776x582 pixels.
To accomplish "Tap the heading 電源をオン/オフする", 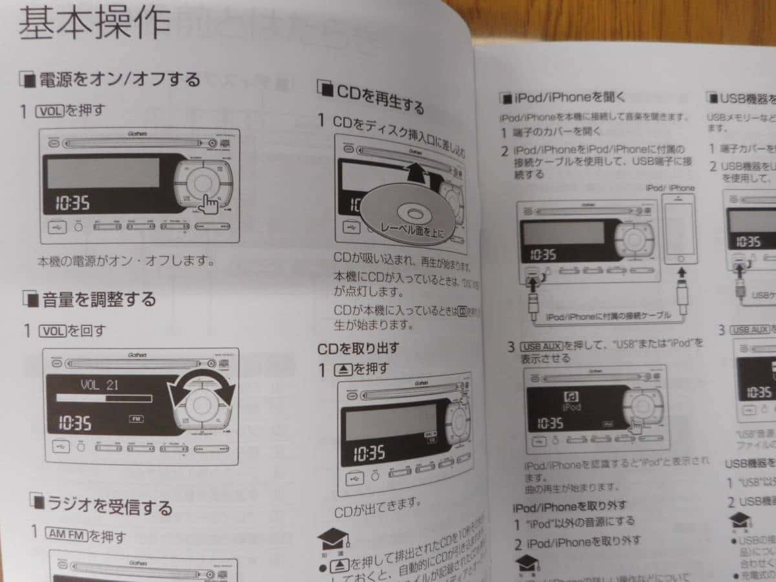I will click(x=120, y=80).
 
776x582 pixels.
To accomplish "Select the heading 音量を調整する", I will click(x=99, y=299).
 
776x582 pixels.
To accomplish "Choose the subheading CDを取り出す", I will click(x=358, y=349).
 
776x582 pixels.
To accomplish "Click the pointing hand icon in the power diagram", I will click(x=208, y=204).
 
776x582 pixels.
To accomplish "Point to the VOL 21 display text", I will click(x=100, y=385).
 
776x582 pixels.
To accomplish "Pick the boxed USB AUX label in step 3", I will click(x=542, y=345).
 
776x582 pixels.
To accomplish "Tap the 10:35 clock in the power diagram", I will click(x=72, y=204).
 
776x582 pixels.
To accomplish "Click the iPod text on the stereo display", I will click(x=572, y=407).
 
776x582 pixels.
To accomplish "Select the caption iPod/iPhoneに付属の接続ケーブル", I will click(x=607, y=317).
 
